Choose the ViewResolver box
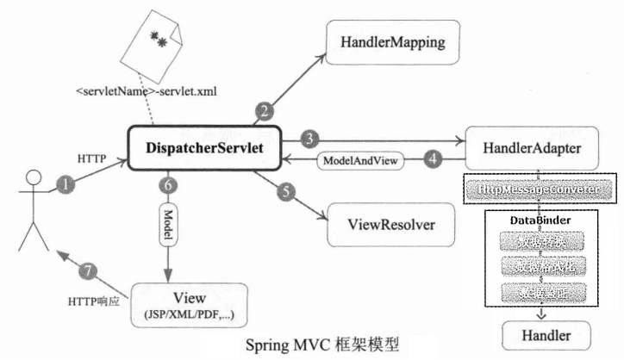389,226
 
